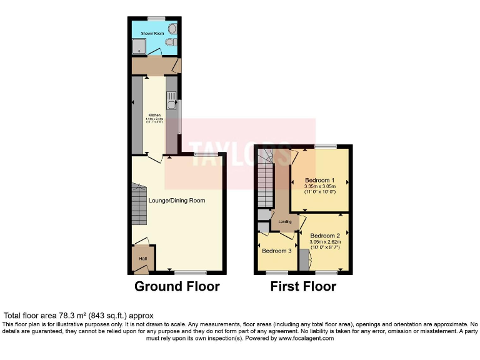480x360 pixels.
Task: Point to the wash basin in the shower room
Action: tap(172, 29)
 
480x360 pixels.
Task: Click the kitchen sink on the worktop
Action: tap(171, 97)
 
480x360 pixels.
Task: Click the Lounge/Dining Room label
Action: tap(177, 201)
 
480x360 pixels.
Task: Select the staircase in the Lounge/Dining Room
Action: tap(139, 206)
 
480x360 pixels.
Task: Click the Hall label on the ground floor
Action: tap(142, 257)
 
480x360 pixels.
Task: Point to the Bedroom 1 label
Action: tap(320, 181)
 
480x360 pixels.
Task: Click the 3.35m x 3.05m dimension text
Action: tap(320, 187)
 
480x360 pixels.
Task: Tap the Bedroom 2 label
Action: tap(324, 235)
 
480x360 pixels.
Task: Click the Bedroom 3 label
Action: tap(276, 251)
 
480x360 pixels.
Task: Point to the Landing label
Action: tap(285, 222)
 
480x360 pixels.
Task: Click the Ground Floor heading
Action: tap(177, 287)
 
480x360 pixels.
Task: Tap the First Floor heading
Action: tap(303, 287)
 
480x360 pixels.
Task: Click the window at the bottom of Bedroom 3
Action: tap(277, 272)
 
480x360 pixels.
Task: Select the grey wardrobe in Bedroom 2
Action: tap(303, 259)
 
